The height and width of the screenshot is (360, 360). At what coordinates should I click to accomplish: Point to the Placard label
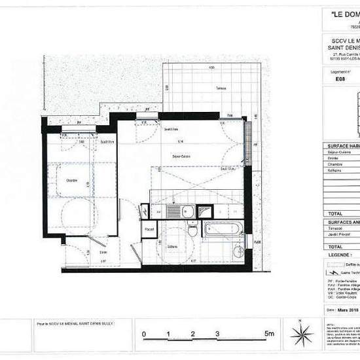[149, 229]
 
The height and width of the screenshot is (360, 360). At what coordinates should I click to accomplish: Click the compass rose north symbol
[302, 331]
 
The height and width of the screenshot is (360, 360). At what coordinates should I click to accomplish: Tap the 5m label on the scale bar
[270, 334]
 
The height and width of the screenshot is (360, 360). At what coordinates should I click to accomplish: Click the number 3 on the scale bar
[217, 334]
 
